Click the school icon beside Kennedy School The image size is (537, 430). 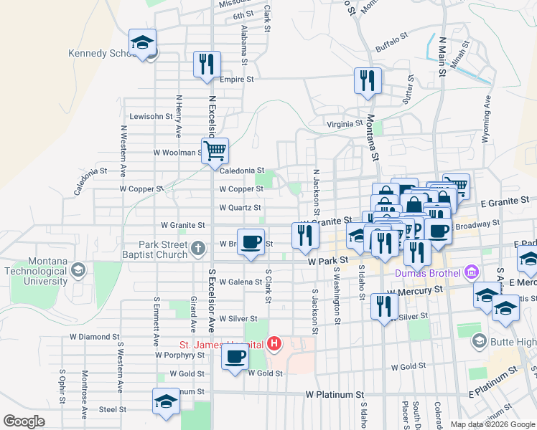[x=143, y=43]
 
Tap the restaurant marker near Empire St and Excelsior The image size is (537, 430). [x=206, y=64]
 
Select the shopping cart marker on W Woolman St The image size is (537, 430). [x=215, y=151]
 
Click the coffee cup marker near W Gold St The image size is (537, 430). [x=235, y=356]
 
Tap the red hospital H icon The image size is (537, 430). [x=274, y=345]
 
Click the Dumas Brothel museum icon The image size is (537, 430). [x=472, y=272]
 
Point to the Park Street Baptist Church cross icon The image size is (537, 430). [x=198, y=249]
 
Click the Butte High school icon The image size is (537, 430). [x=480, y=342]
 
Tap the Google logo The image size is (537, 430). [x=24, y=421]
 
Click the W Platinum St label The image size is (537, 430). [x=335, y=395]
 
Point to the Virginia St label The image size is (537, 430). [x=345, y=123]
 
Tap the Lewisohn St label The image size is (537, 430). [x=151, y=116]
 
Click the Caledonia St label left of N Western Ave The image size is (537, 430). [x=90, y=182]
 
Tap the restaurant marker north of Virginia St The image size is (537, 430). [x=367, y=80]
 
